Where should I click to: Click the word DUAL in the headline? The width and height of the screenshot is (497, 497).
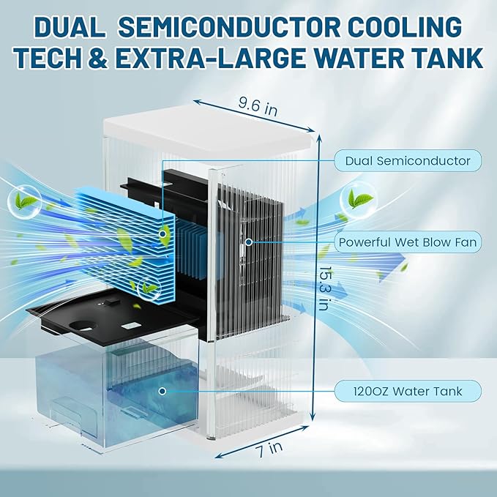tap(72, 28)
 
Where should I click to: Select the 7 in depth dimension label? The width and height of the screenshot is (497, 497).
tap(255, 452)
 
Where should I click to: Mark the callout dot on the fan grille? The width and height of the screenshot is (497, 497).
tap(249, 242)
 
